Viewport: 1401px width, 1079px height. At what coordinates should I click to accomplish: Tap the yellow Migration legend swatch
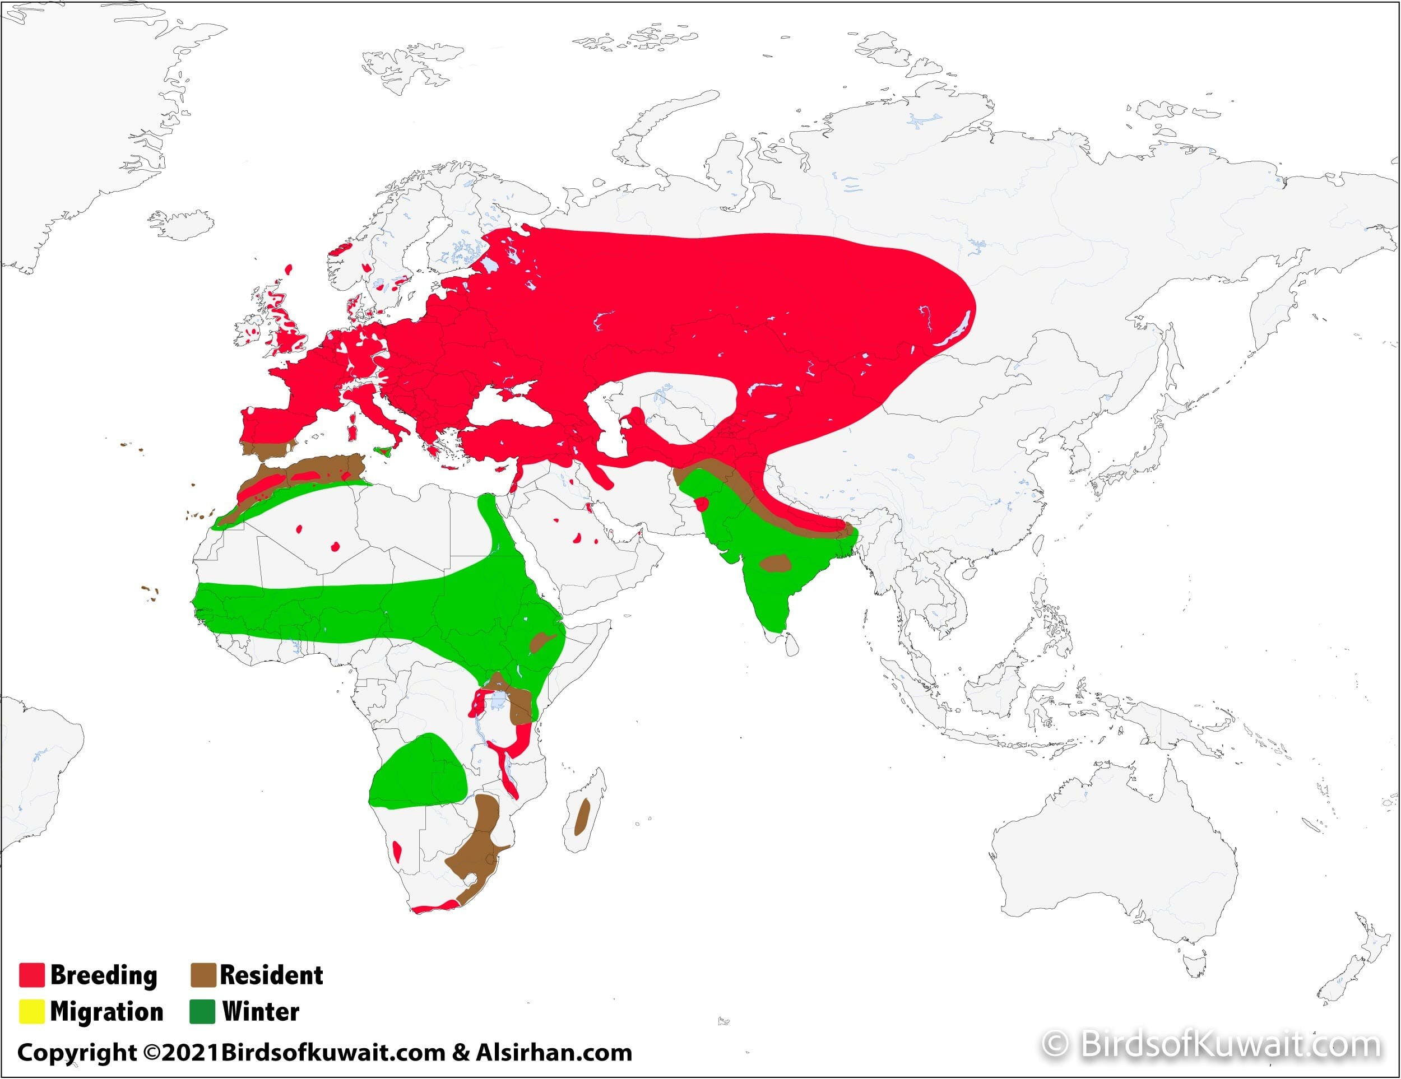pos(31,1011)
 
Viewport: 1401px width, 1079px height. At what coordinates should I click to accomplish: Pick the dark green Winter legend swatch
pos(203,1011)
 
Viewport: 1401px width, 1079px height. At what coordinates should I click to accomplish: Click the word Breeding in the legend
pos(103,975)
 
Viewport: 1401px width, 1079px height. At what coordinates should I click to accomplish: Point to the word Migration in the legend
pos(106,1012)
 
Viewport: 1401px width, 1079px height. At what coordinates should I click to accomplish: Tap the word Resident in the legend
pos(271,975)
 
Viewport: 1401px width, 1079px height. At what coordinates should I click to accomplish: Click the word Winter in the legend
pos(261,1012)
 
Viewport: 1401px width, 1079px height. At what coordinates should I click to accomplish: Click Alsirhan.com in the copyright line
pos(554,1053)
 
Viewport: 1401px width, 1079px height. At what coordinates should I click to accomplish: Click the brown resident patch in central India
pos(775,564)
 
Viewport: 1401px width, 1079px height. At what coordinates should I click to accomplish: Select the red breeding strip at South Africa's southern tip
pos(436,906)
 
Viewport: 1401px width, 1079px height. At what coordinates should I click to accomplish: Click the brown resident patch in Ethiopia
pos(542,640)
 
